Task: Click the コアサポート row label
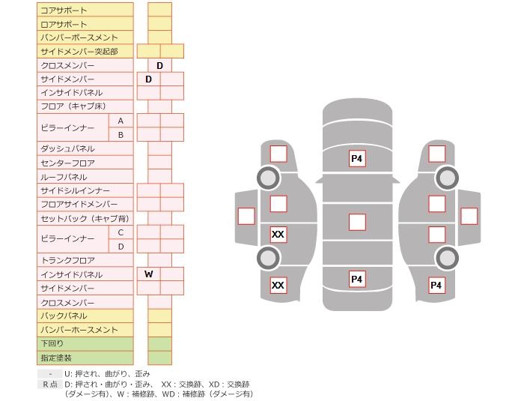click(x=64, y=10)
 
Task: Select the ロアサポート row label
click(x=64, y=24)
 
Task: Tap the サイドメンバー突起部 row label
click(x=79, y=51)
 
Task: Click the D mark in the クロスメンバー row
click(x=159, y=66)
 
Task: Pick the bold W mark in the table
click(x=149, y=274)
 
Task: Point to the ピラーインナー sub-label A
click(x=121, y=121)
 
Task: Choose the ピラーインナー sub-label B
click(x=121, y=135)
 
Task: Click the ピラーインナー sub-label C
click(x=121, y=232)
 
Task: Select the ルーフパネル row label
click(x=64, y=177)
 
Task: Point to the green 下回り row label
click(x=52, y=343)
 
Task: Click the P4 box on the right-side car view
click(x=436, y=286)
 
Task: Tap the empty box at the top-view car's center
click(x=357, y=222)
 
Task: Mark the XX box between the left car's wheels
click(x=278, y=235)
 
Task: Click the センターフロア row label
click(x=67, y=163)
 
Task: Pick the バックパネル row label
click(x=64, y=316)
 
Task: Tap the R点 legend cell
click(x=49, y=384)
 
